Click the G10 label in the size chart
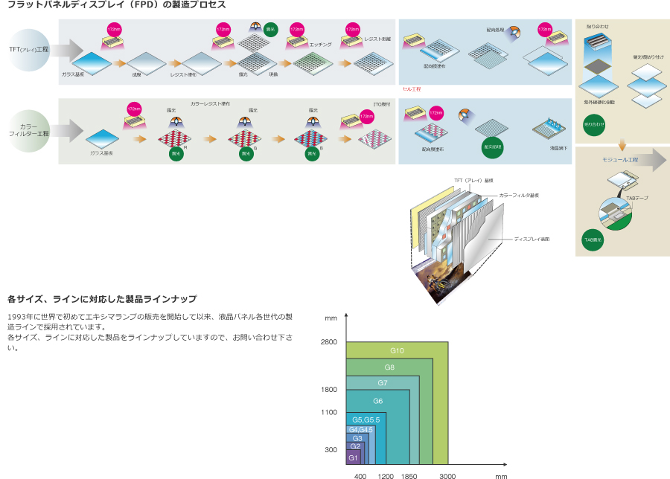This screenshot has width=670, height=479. (x=397, y=350)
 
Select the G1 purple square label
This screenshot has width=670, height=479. (x=354, y=457)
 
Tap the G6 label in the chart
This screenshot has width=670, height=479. (x=377, y=401)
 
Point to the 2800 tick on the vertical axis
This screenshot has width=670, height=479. (x=329, y=341)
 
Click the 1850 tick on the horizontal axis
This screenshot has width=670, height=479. (x=409, y=475)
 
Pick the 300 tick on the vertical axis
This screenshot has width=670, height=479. (x=331, y=449)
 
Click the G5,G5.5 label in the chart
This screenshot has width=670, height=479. (x=366, y=419)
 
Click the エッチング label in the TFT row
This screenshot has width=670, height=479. (x=320, y=45)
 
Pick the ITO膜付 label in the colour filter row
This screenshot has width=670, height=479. (x=381, y=105)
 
